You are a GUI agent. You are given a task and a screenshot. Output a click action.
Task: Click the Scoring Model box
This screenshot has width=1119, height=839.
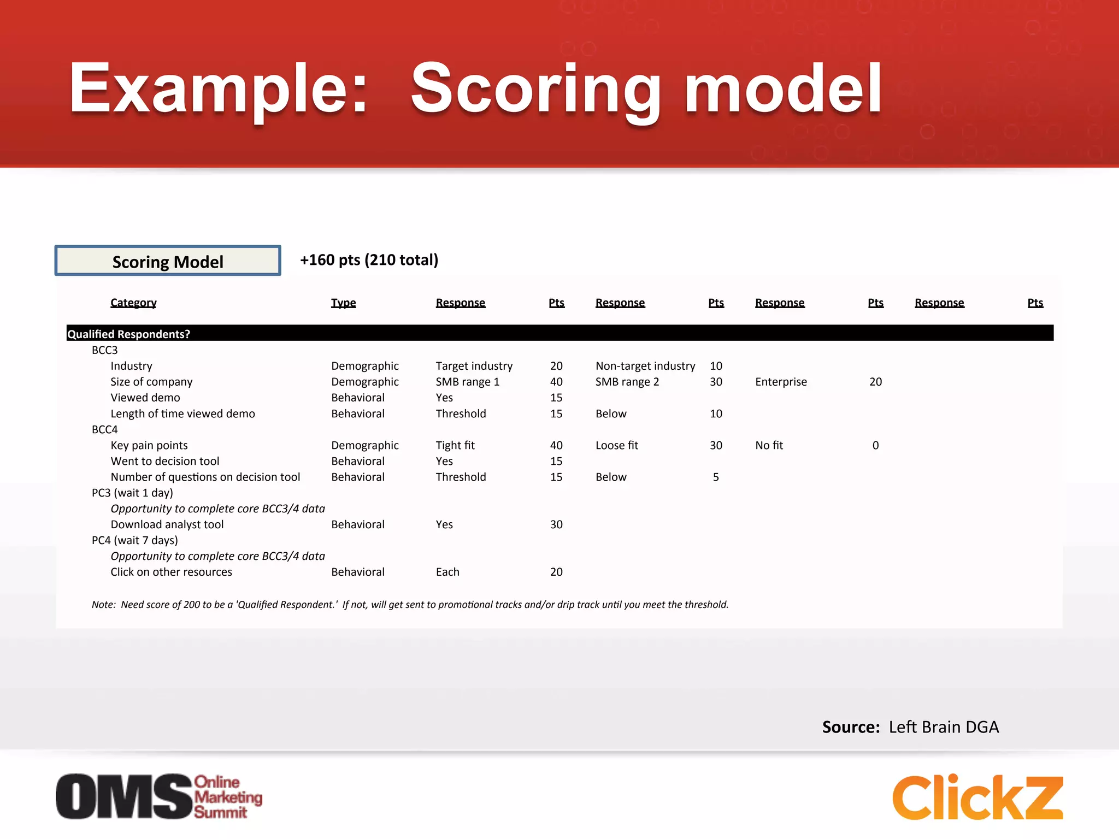(x=168, y=261)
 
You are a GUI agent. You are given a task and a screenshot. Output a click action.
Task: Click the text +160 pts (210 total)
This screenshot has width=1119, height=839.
(x=369, y=260)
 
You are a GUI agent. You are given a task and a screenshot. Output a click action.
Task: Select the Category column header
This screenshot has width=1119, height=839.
(x=133, y=303)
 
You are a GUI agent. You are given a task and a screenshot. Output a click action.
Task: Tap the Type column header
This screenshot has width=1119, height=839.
(x=343, y=303)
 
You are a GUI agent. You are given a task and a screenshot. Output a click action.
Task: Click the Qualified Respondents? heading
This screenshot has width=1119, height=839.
(x=128, y=334)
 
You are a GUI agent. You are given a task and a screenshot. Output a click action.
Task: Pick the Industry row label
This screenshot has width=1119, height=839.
(x=131, y=366)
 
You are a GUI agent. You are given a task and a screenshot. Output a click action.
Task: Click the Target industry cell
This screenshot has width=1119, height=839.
(x=474, y=366)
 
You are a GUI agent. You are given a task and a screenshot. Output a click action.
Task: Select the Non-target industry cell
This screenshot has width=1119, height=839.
(x=645, y=366)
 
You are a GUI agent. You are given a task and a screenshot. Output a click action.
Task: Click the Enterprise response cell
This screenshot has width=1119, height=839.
(x=781, y=382)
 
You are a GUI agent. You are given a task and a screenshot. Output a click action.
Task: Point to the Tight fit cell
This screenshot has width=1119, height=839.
(x=455, y=445)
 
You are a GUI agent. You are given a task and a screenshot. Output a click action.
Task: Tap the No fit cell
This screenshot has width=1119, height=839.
(x=769, y=445)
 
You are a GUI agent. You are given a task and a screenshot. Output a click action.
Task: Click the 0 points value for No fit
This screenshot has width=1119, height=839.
(x=875, y=445)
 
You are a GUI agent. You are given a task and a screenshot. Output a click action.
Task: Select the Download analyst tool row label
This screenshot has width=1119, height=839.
(x=167, y=524)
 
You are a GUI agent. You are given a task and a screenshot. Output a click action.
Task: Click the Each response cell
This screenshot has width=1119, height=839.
(x=447, y=572)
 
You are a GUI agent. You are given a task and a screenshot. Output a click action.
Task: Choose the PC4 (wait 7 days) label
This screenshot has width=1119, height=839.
(x=134, y=540)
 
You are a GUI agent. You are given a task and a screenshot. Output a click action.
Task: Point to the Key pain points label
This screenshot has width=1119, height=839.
(x=149, y=445)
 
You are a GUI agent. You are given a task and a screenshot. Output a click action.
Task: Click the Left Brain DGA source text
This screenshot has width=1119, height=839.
(x=944, y=727)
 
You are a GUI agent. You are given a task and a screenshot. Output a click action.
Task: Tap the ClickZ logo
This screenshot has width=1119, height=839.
(x=977, y=797)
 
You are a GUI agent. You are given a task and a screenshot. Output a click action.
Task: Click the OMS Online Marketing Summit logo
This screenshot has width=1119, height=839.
(x=158, y=796)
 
